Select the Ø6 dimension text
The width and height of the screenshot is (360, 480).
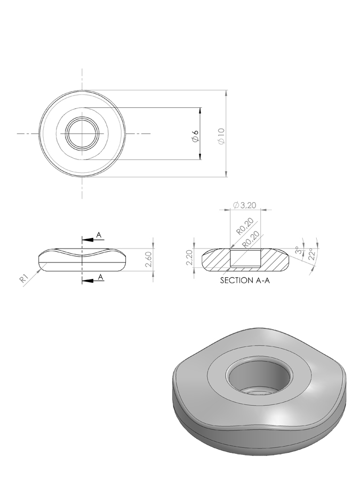tap(195, 136)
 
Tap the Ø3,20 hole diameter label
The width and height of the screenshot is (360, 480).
tap(244, 205)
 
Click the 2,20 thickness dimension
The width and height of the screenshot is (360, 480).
tap(189, 258)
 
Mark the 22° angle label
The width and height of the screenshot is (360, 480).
tap(311, 254)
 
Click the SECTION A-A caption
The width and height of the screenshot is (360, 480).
tap(245, 281)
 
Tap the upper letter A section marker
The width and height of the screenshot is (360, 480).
tap(99, 235)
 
